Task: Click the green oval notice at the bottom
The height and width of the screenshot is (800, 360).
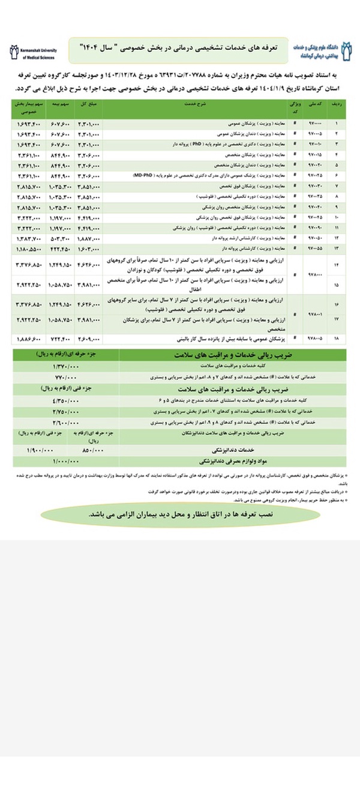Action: click(180, 515)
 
